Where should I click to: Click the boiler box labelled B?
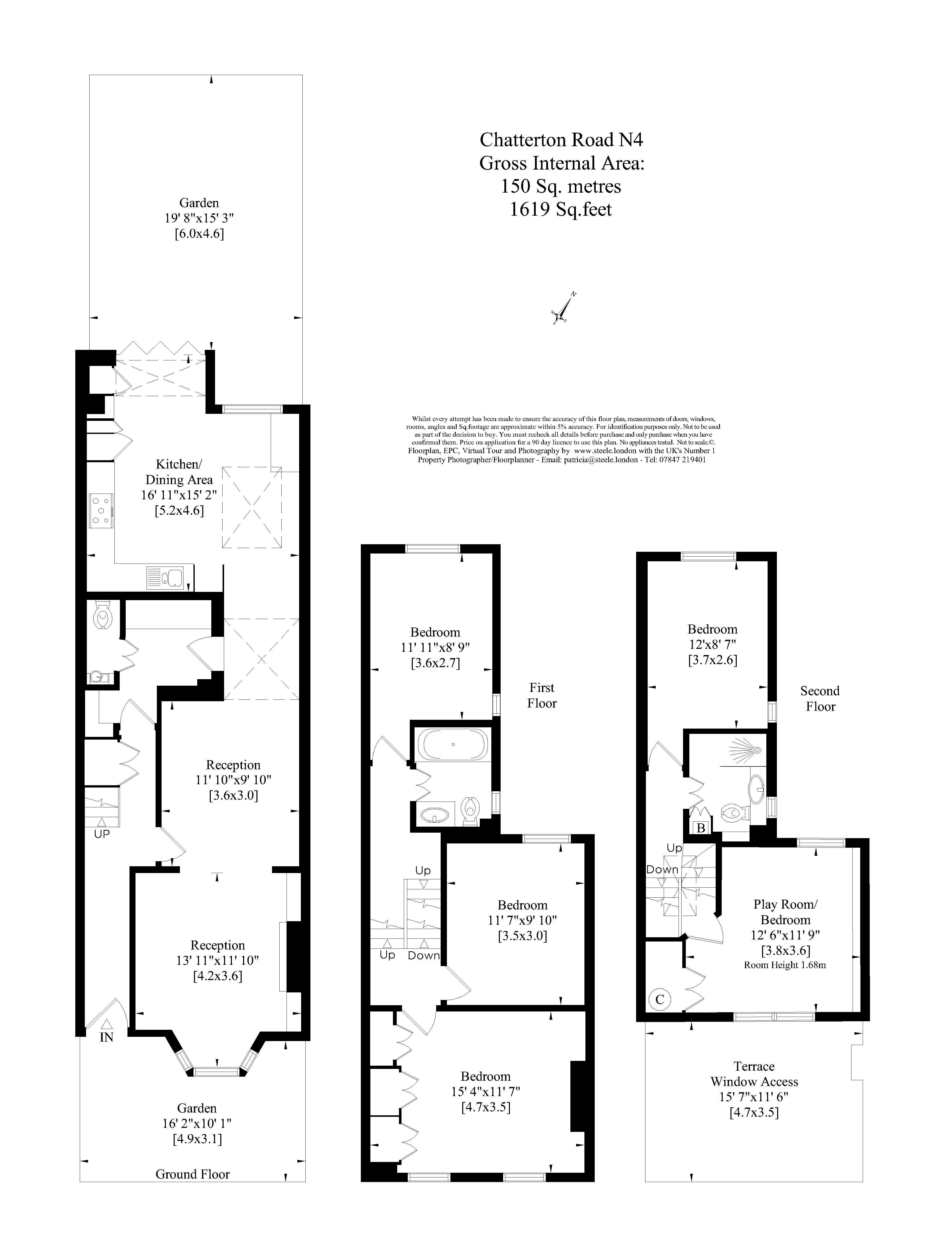[701, 828]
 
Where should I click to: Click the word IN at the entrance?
[107, 1037]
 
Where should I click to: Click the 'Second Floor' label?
[820, 698]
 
